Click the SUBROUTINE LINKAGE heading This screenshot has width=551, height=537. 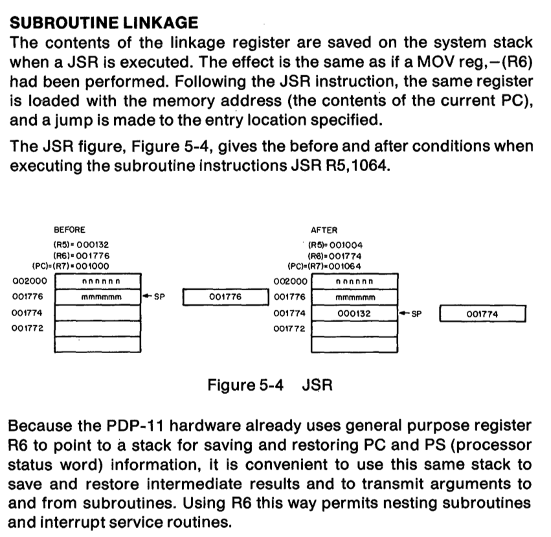click(x=104, y=23)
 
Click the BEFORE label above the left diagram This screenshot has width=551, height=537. click(x=69, y=230)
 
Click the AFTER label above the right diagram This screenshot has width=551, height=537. click(x=324, y=231)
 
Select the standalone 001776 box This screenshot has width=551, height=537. click(x=225, y=297)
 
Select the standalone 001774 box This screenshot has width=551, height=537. click(x=482, y=314)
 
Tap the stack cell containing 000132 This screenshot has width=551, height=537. click(x=355, y=314)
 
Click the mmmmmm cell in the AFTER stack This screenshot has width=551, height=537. click(x=355, y=297)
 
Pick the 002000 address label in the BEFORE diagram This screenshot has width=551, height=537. click(x=30, y=281)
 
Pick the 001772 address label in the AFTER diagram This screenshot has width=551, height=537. click(x=289, y=329)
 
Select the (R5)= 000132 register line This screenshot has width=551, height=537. click(x=81, y=245)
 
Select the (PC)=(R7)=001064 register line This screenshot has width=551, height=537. click(x=324, y=266)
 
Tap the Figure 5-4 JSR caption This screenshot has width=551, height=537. click(x=270, y=385)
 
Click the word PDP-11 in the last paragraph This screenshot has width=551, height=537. click(x=135, y=426)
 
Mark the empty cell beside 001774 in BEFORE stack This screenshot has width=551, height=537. click(x=98, y=313)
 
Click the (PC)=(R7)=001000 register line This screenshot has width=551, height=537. click(x=71, y=266)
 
